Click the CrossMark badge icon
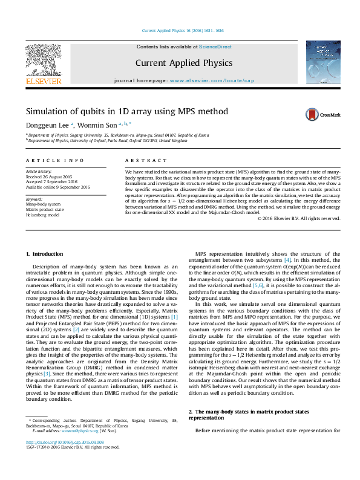pyautogui.click(x=323, y=114)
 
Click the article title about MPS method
pyautogui.click(x=126, y=111)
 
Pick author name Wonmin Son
pyautogui.click(x=92, y=125)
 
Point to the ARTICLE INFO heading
pyautogui.click(x=54, y=160)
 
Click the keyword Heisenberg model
pyautogui.click(x=42, y=215)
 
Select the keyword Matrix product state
pyautogui.click(x=44, y=209)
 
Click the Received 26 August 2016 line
pyautogui.click(x=48, y=177)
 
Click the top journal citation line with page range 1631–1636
pyautogui.click(x=182, y=30)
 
